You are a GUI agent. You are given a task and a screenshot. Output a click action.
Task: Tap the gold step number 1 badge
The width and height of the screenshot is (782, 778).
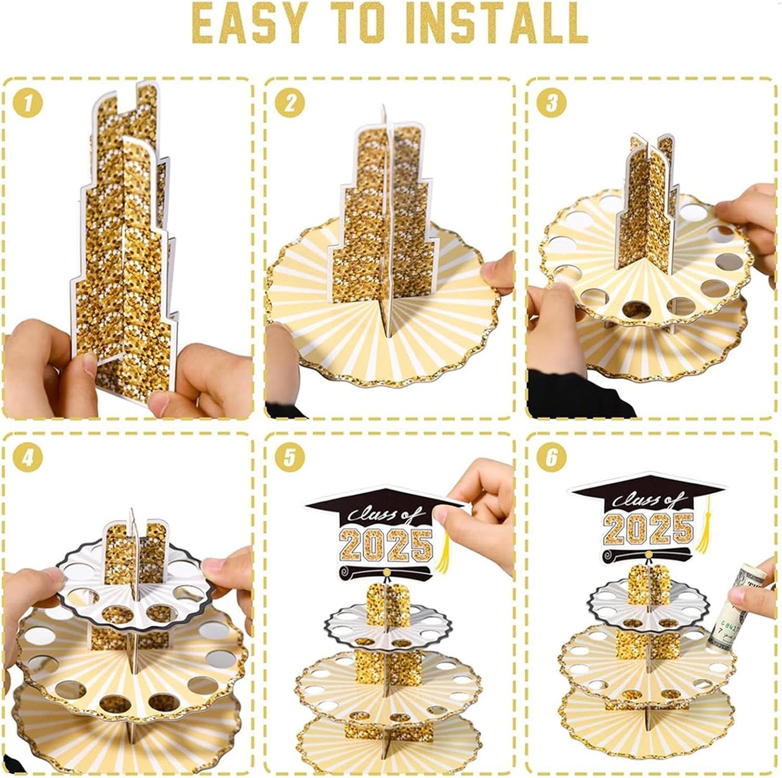pyautogui.click(x=28, y=102)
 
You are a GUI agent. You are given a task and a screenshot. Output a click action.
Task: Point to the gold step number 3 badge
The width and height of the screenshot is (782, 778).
pyautogui.click(x=552, y=102)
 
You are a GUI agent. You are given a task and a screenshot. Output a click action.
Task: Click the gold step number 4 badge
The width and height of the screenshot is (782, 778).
pyautogui.click(x=28, y=457)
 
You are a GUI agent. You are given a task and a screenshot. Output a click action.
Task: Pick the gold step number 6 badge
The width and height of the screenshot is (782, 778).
pyautogui.click(x=552, y=457)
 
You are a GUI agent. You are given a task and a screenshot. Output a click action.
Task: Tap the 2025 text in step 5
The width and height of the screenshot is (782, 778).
pyautogui.click(x=386, y=544)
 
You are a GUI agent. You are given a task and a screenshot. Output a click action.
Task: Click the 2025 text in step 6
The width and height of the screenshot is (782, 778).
pyautogui.click(x=648, y=527)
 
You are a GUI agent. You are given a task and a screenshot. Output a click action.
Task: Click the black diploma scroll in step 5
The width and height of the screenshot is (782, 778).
pyautogui.click(x=386, y=571)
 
